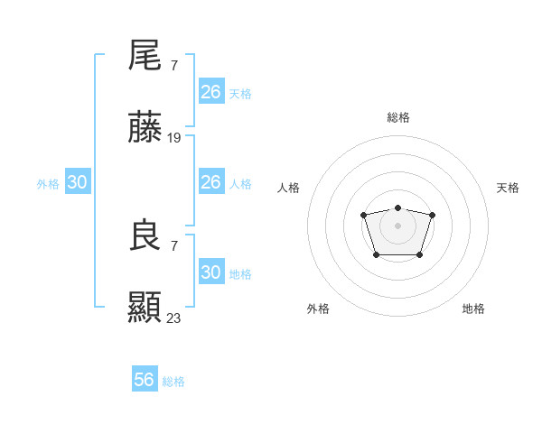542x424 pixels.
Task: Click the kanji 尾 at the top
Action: coord(145,56)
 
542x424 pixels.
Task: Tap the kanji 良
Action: coord(145,236)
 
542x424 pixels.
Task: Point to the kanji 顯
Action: coord(145,309)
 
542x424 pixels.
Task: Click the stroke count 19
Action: coord(174,138)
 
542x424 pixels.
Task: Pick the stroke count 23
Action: coord(174,318)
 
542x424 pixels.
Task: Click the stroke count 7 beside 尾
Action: coord(173,65)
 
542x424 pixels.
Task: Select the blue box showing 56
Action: coord(145,380)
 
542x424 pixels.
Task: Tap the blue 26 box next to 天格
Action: coord(211,91)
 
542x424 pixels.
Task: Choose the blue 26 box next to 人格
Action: coord(211,182)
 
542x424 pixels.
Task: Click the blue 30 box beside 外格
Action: coord(78,182)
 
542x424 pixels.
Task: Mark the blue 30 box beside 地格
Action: coord(211,272)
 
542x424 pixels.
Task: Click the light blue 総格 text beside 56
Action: coord(173,382)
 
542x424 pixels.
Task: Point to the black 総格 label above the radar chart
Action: coord(397,117)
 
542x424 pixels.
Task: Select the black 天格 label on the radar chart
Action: coord(508,188)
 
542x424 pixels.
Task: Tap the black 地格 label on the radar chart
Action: coord(473,309)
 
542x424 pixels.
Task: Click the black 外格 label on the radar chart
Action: coord(318,309)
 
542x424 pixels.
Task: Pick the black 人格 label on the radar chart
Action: coord(289,188)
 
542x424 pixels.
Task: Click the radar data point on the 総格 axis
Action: coord(397,208)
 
